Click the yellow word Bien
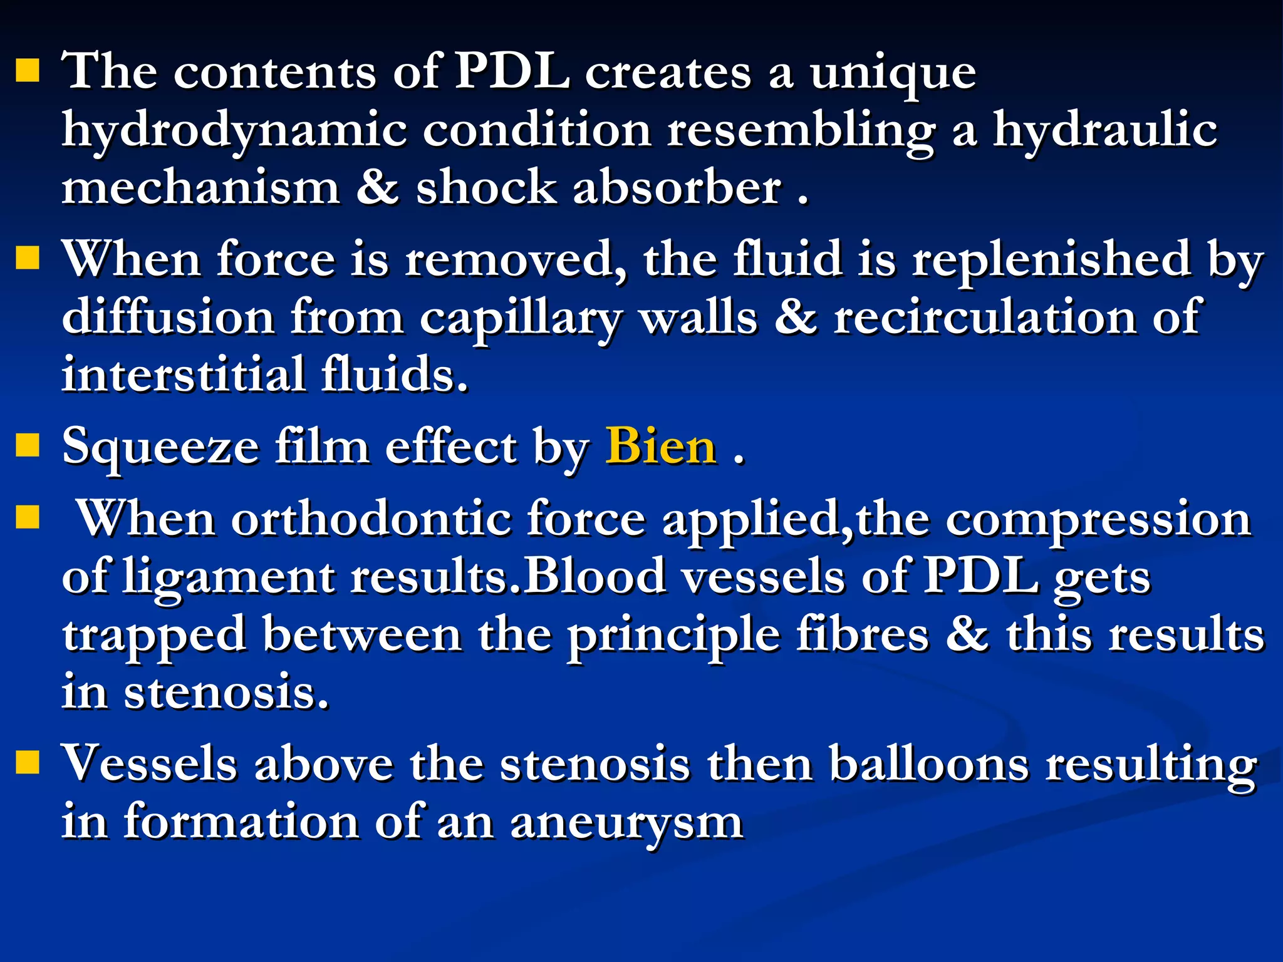pos(661,447)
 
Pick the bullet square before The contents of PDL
pos(28,70)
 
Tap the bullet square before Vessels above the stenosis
pos(28,762)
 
